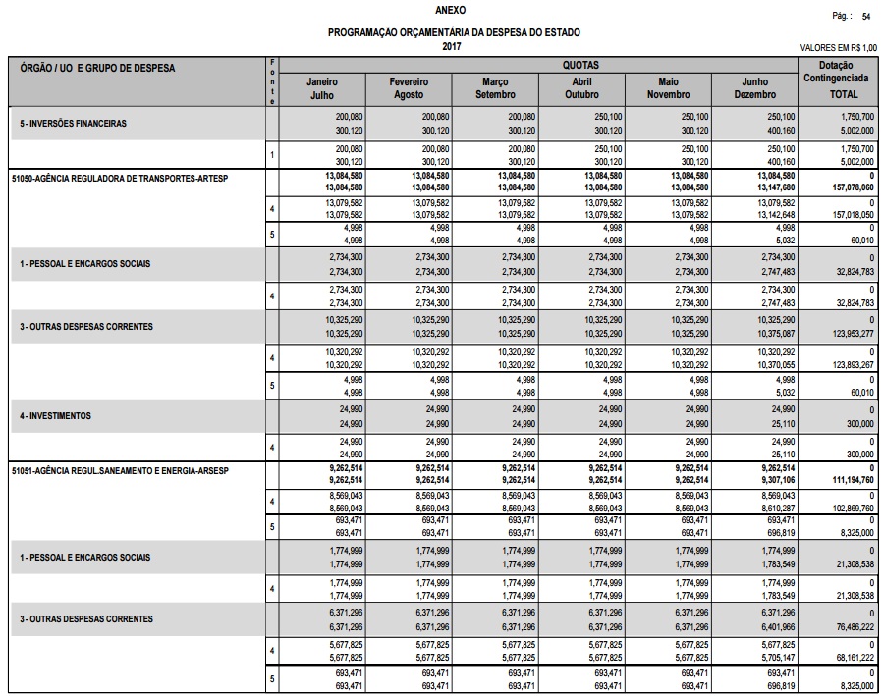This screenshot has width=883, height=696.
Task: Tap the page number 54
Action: pos(865,17)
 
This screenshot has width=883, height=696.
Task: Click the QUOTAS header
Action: pos(579,64)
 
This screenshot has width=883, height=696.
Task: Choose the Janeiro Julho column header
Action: pos(322,88)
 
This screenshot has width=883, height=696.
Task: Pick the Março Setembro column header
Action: pos(495,88)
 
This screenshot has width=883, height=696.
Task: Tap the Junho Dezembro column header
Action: pos(754,88)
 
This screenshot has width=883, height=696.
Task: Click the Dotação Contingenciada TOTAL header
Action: pos(843,81)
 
